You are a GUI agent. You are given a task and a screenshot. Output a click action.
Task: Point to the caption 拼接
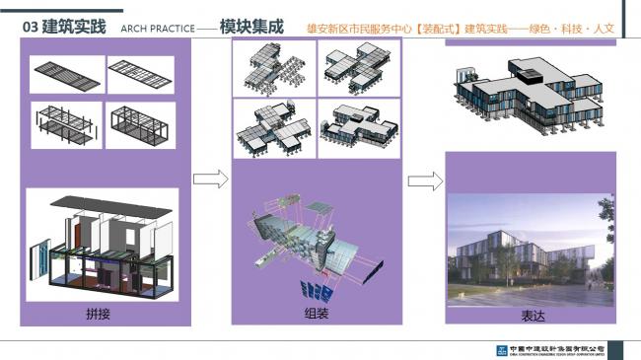click(x=98, y=315)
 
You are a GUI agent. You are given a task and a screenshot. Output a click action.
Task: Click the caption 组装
click(x=316, y=313)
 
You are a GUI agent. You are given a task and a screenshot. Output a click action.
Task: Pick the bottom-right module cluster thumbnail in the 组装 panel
click(x=358, y=126)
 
